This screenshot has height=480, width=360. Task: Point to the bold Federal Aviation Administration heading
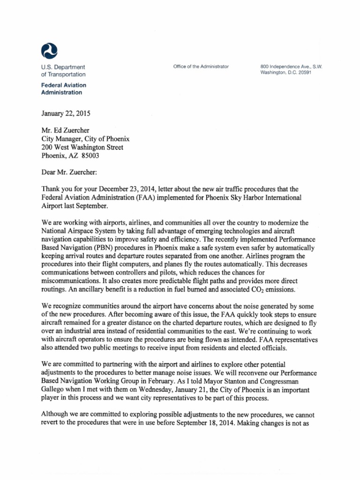point(64,89)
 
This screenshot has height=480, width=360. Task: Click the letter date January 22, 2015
point(66,113)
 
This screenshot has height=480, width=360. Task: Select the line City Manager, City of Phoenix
point(85,139)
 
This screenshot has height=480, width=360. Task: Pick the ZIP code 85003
point(90,156)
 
